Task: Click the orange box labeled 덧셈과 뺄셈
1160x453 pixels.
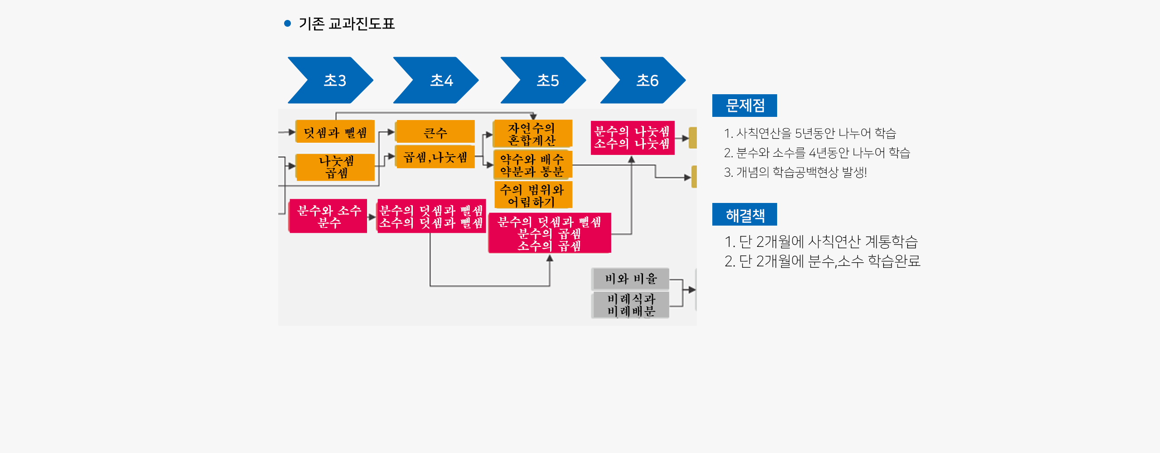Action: [335, 132]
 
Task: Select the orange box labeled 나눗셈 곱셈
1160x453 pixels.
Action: [335, 167]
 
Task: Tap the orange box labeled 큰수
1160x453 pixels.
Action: [435, 132]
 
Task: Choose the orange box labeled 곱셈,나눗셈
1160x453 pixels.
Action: [435, 157]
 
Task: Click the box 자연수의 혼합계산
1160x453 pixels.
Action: [532, 134]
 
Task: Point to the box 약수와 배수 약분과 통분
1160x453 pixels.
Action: [532, 164]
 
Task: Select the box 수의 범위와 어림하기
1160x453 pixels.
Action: [532, 195]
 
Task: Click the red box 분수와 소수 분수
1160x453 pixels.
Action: [328, 216]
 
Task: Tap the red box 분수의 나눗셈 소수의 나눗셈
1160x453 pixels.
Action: [633, 138]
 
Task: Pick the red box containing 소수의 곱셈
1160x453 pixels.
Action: [550, 233]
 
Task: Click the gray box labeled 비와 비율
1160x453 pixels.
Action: [630, 279]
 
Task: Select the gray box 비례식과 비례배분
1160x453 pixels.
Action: [630, 305]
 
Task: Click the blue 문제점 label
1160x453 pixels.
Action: [744, 106]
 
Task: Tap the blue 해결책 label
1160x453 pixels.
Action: [744, 214]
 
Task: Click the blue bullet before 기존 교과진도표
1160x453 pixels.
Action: [287, 23]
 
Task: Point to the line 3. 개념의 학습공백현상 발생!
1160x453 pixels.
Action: [795, 172]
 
